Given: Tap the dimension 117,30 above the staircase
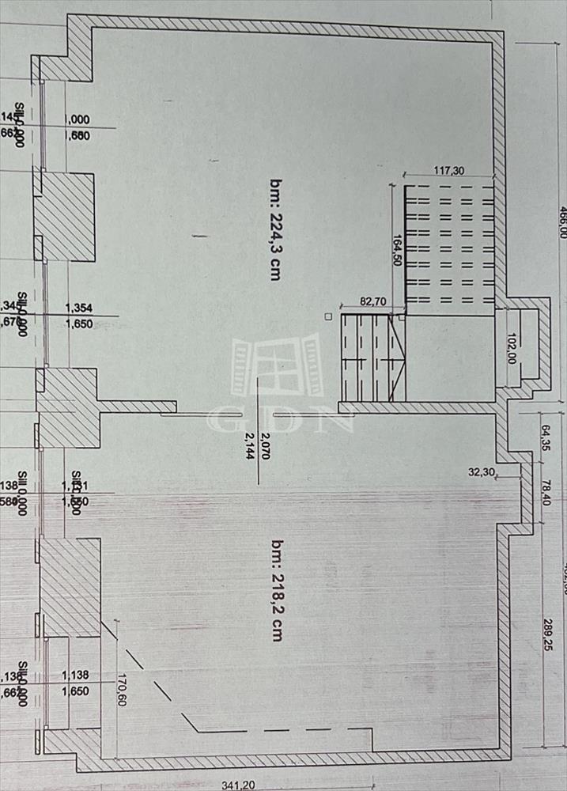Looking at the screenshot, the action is (x=448, y=170).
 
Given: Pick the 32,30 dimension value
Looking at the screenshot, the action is (x=481, y=471).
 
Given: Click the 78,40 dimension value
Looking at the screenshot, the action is (x=545, y=491).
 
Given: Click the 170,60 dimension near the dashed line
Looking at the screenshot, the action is (x=120, y=690).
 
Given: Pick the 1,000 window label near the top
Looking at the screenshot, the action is (x=77, y=120).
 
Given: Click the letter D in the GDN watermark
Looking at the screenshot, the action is (x=279, y=419).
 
